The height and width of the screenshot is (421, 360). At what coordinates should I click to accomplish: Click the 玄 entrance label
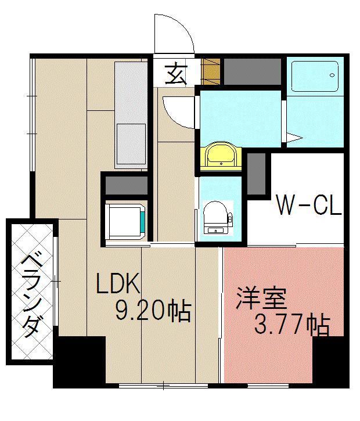coord(175,74)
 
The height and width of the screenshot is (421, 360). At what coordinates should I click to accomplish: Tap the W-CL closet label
coord(307,205)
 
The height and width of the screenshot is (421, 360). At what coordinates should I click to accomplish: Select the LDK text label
coord(118,285)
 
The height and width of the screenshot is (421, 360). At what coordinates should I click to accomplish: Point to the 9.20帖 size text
coord(153,312)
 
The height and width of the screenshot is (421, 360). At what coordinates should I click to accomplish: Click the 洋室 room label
coord(261,300)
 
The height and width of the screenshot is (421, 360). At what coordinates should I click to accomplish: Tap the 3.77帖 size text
coord(292,325)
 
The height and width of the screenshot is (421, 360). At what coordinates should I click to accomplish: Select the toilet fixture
coord(216,216)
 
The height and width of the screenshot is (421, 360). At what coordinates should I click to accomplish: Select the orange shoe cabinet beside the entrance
coord(211,71)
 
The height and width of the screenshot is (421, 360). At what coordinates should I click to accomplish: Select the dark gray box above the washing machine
coord(127,185)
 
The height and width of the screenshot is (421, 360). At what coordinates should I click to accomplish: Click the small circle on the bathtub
coord(332,75)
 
